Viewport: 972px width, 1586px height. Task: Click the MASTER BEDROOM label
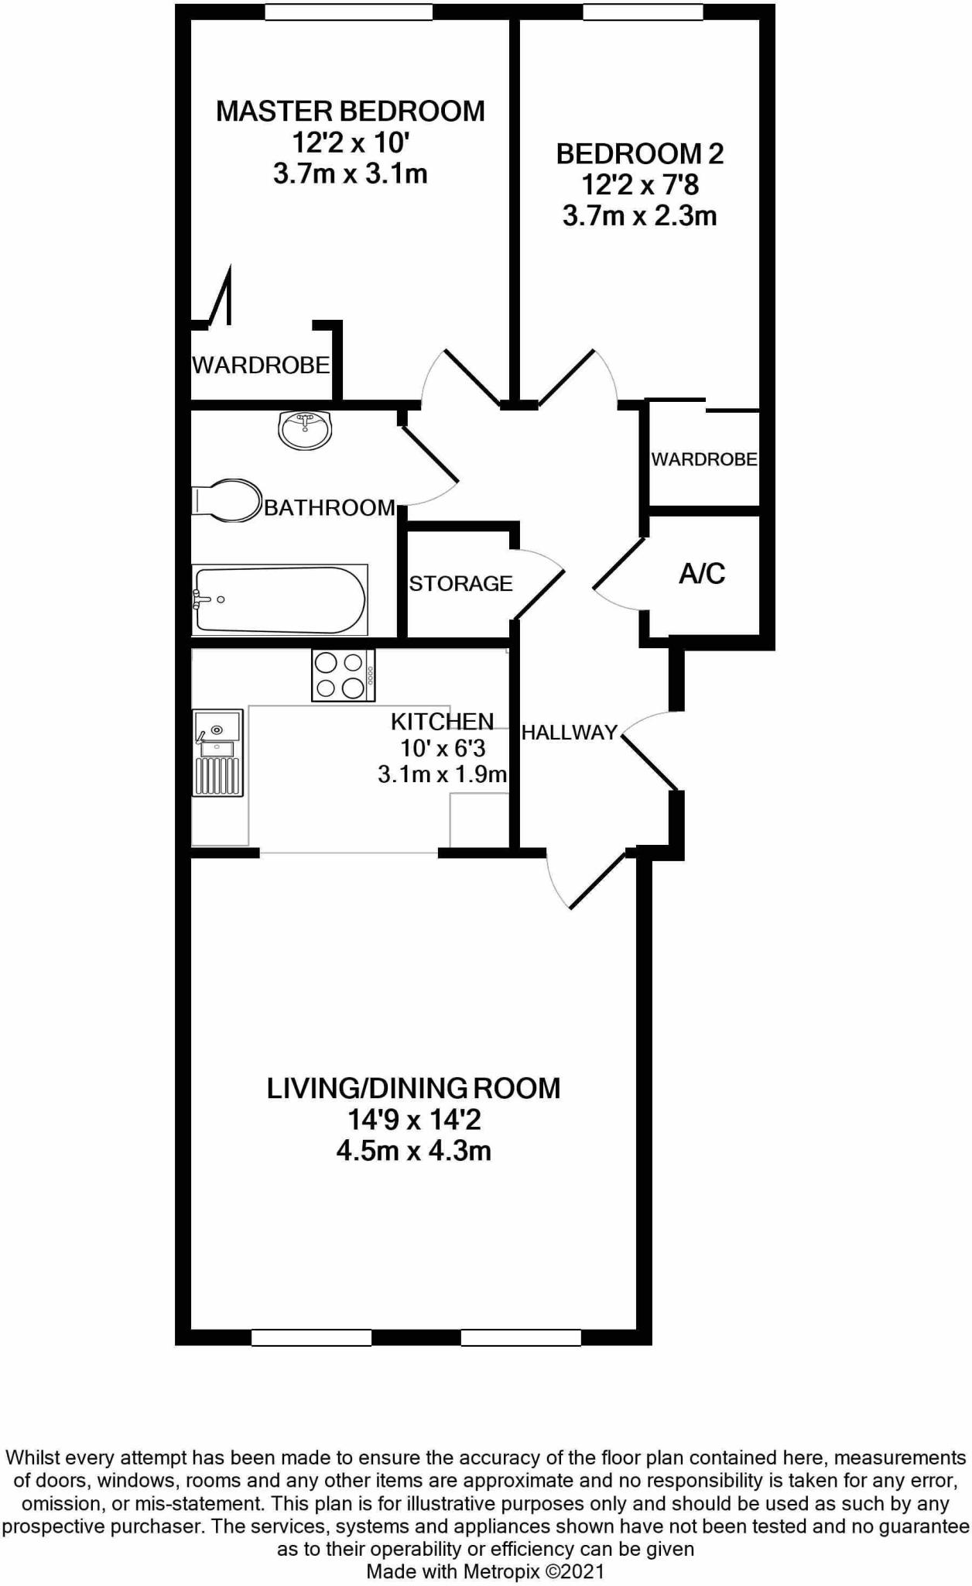tap(350, 112)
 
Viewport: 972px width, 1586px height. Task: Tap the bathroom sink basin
tap(305, 430)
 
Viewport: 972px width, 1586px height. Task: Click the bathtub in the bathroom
tap(279, 600)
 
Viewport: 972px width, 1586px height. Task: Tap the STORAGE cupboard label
tap(460, 583)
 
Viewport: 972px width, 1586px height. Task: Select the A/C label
tap(702, 574)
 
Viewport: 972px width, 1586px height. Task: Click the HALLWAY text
tap(569, 733)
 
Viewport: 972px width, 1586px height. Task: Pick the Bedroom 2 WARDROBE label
tap(703, 459)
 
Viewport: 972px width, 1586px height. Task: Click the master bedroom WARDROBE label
tap(261, 365)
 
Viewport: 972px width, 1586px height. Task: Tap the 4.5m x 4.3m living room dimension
tap(413, 1151)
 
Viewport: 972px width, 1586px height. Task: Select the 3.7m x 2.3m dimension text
tap(639, 216)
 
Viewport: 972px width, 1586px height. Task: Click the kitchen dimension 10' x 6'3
tap(443, 748)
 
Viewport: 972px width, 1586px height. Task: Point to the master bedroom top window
tap(348, 12)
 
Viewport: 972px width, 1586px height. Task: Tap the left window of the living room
tap(312, 1337)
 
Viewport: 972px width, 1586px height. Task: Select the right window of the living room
tap(521, 1337)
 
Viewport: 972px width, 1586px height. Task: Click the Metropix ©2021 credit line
tap(485, 1572)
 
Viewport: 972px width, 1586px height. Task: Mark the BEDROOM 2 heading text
tap(639, 154)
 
